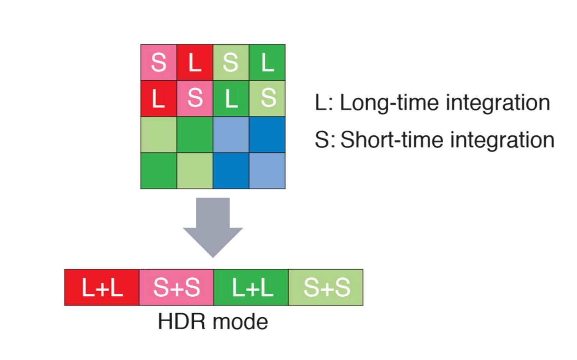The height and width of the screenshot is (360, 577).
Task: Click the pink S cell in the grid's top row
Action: coord(159,62)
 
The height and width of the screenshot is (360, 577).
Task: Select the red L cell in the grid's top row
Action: coord(195,62)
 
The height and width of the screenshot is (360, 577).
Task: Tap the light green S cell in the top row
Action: coord(231,62)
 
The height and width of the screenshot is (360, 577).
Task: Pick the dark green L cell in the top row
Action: coord(267,62)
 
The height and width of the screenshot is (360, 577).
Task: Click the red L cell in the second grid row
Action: coord(159,98)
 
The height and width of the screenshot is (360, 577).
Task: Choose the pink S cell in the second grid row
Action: coord(195,98)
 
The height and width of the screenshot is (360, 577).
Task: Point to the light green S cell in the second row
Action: coord(267,98)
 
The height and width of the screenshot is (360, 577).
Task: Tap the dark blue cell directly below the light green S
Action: coord(267,135)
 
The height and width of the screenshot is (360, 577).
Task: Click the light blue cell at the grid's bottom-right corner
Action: coord(267,170)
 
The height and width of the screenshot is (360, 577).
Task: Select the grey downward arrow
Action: coord(213,225)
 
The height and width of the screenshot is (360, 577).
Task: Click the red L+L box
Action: coord(102,287)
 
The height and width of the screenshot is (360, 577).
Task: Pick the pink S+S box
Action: coord(176,287)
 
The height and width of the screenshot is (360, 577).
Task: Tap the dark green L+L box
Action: coord(251,287)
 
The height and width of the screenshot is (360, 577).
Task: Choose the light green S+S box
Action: coord(326,287)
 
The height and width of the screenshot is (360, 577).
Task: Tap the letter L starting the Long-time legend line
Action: coord(321,103)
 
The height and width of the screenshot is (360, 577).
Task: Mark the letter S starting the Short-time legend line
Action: coord(322,140)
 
